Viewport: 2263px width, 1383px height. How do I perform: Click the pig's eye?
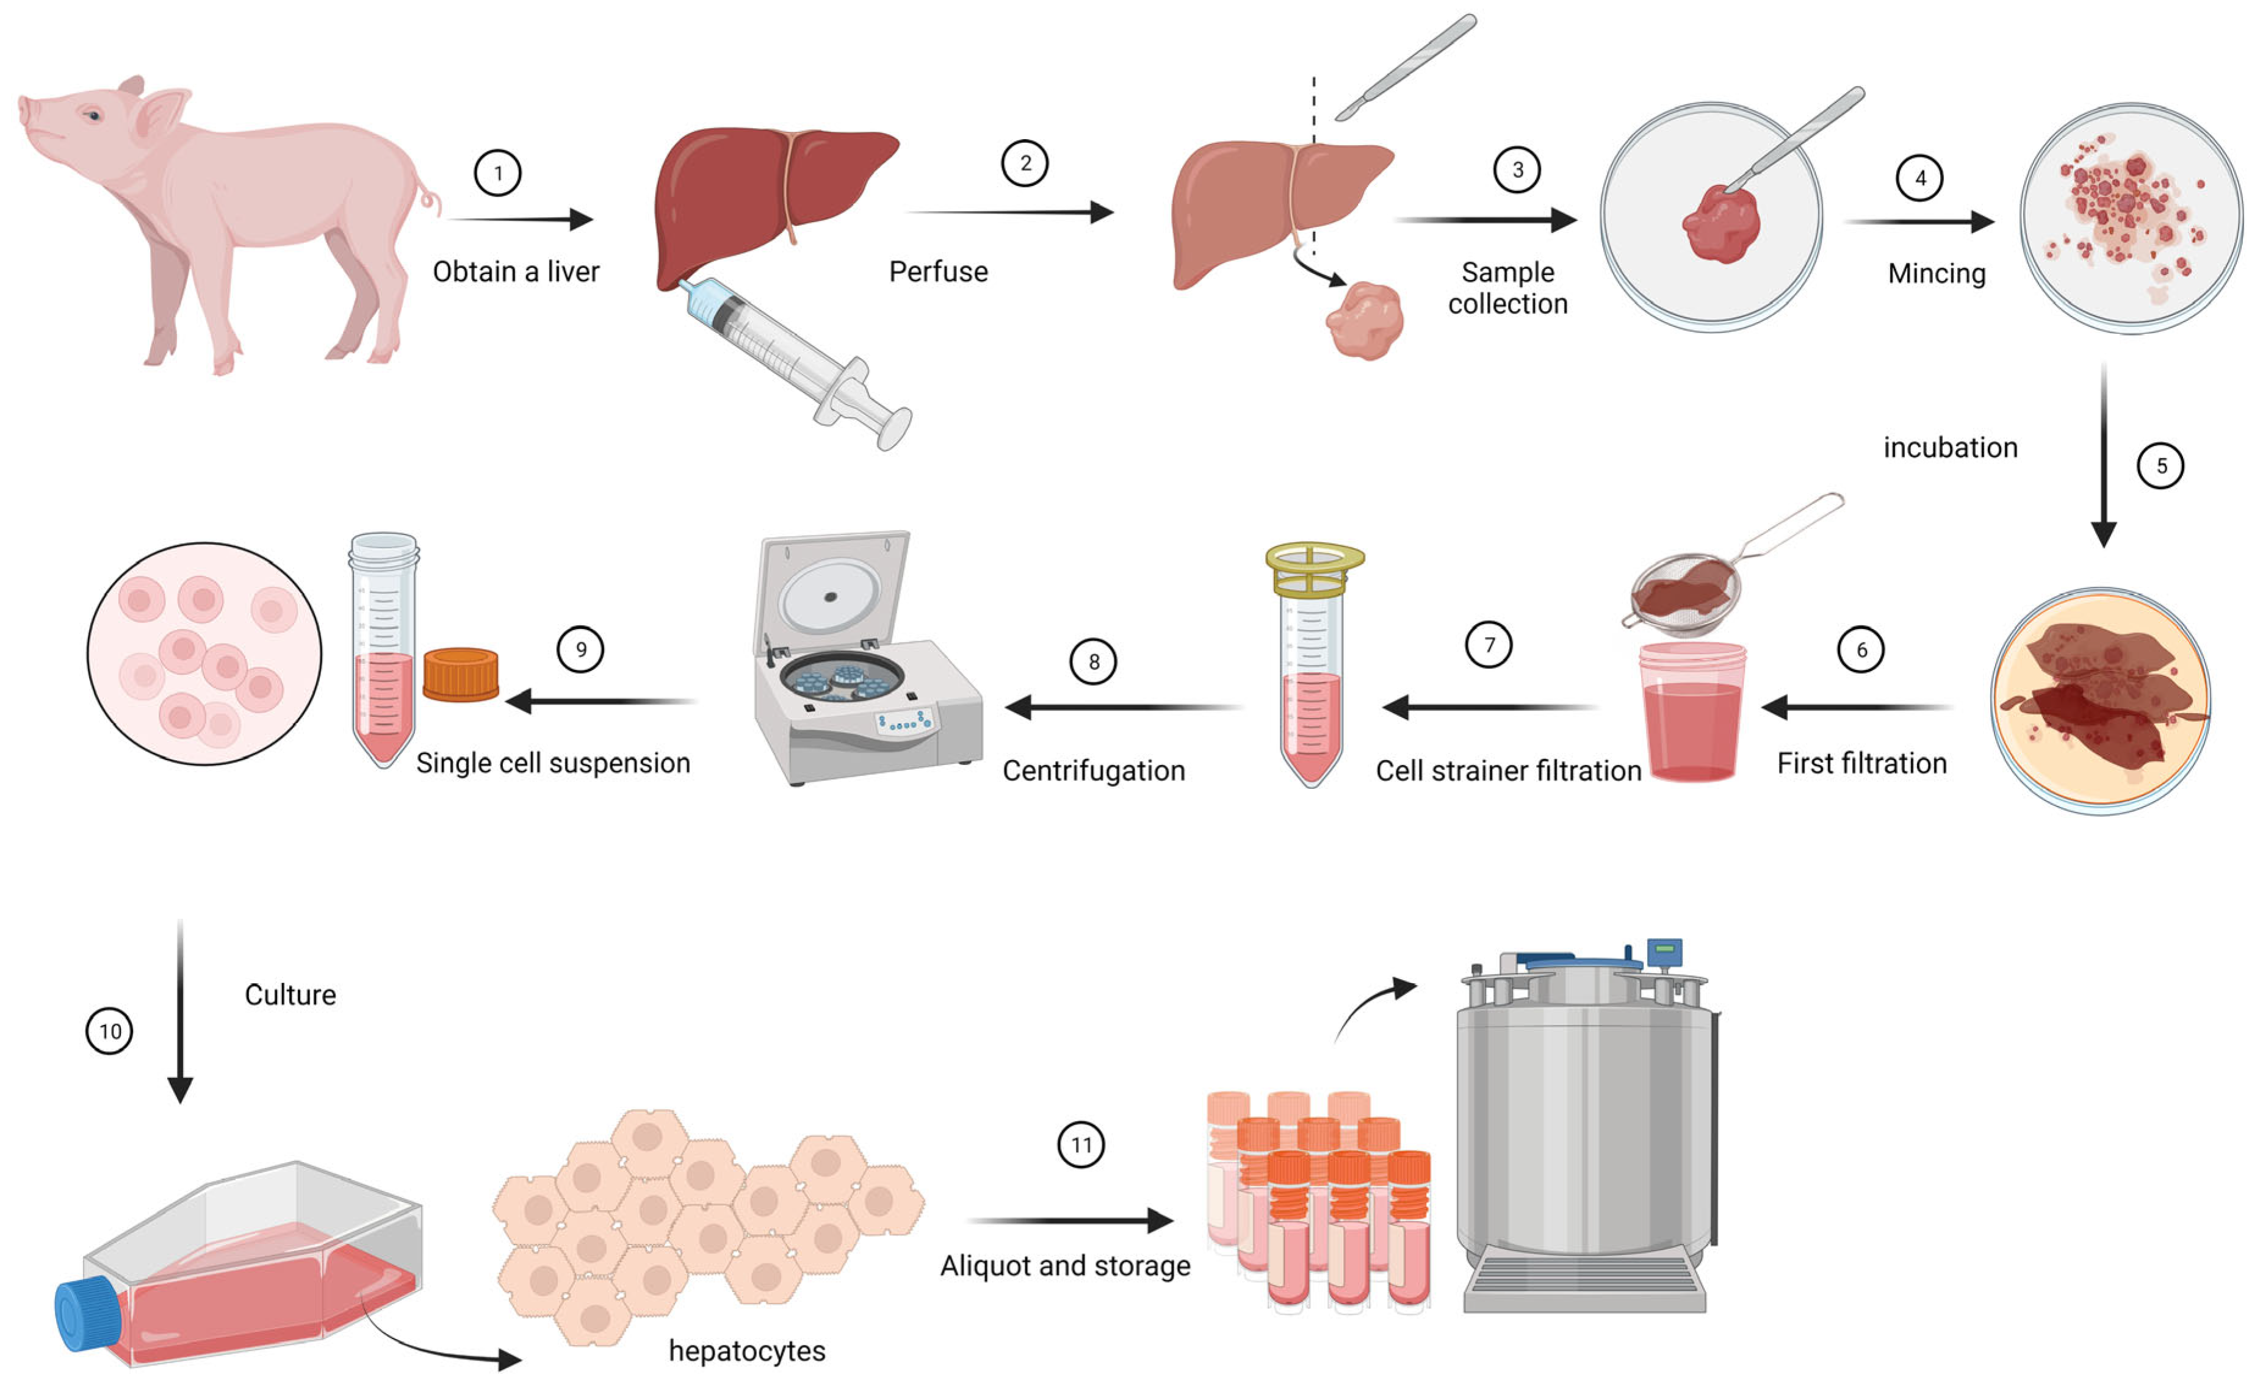93,116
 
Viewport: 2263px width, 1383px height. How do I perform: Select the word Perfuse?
937,272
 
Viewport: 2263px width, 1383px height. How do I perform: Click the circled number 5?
2160,465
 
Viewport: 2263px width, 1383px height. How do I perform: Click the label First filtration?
1861,763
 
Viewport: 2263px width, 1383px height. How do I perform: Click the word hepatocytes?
746,1351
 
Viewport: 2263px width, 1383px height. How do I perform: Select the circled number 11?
1081,1144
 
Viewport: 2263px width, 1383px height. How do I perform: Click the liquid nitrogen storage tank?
1585,1130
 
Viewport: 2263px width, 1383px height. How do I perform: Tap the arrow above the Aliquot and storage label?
1070,1221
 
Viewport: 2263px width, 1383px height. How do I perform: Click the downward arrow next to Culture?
180,1010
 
